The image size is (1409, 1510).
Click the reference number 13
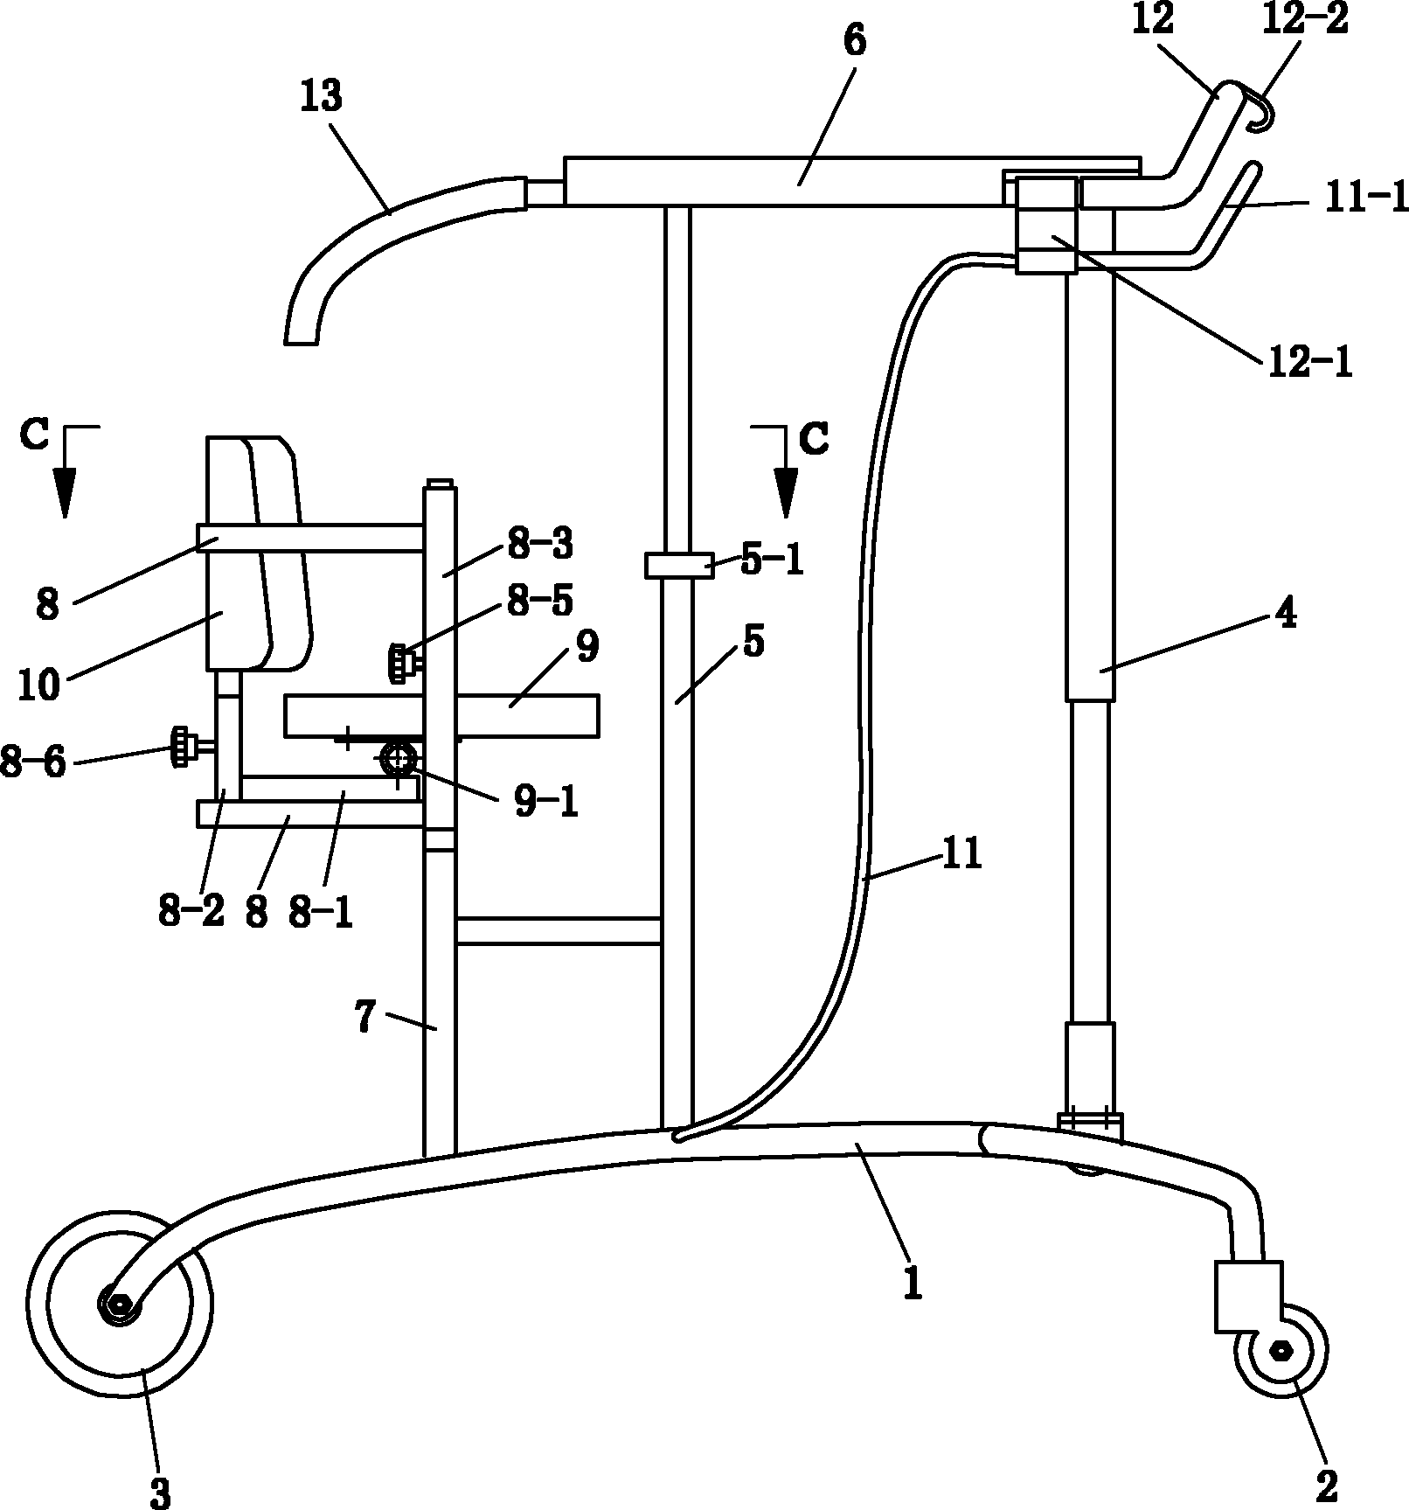pos(322,96)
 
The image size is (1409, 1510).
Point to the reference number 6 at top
pos(854,40)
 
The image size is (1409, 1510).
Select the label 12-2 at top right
pos(1305,19)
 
